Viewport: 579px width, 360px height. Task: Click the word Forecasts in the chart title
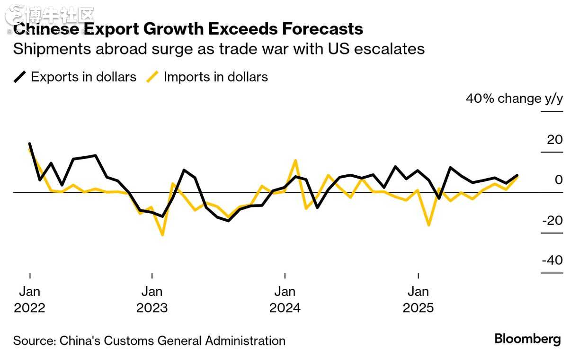322,29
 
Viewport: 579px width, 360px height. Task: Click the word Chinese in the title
46,29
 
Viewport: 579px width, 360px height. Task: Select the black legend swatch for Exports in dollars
20,77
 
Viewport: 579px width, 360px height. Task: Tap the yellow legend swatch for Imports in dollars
152,77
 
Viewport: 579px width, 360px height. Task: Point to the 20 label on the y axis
555,140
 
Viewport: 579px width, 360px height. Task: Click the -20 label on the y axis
552,221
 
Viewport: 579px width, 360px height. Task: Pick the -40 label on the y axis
552,261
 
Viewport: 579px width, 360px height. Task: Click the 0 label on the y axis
559,180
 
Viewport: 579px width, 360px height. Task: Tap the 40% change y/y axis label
514,99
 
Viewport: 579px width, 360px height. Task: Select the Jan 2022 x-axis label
30,299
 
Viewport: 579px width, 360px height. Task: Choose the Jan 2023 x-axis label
152,299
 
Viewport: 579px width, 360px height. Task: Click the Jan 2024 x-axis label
285,299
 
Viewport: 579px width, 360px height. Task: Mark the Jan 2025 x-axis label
418,299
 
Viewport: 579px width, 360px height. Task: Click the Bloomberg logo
527,339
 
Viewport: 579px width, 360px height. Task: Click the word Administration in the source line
245,341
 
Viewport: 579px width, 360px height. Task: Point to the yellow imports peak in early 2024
296,161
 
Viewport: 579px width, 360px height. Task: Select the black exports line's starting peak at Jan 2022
30,144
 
